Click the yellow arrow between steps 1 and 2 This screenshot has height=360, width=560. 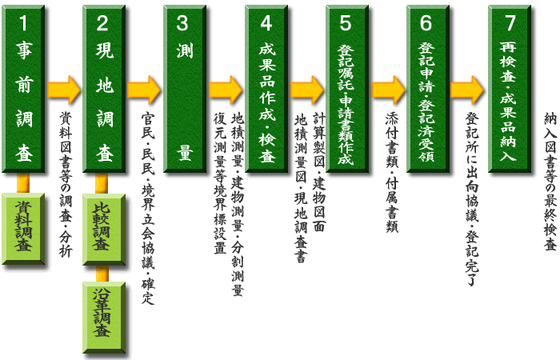(64, 90)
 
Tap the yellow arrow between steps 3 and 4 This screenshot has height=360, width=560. (226, 90)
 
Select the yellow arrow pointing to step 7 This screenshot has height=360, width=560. (468, 90)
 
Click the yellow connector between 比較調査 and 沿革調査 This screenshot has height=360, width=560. (104, 272)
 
